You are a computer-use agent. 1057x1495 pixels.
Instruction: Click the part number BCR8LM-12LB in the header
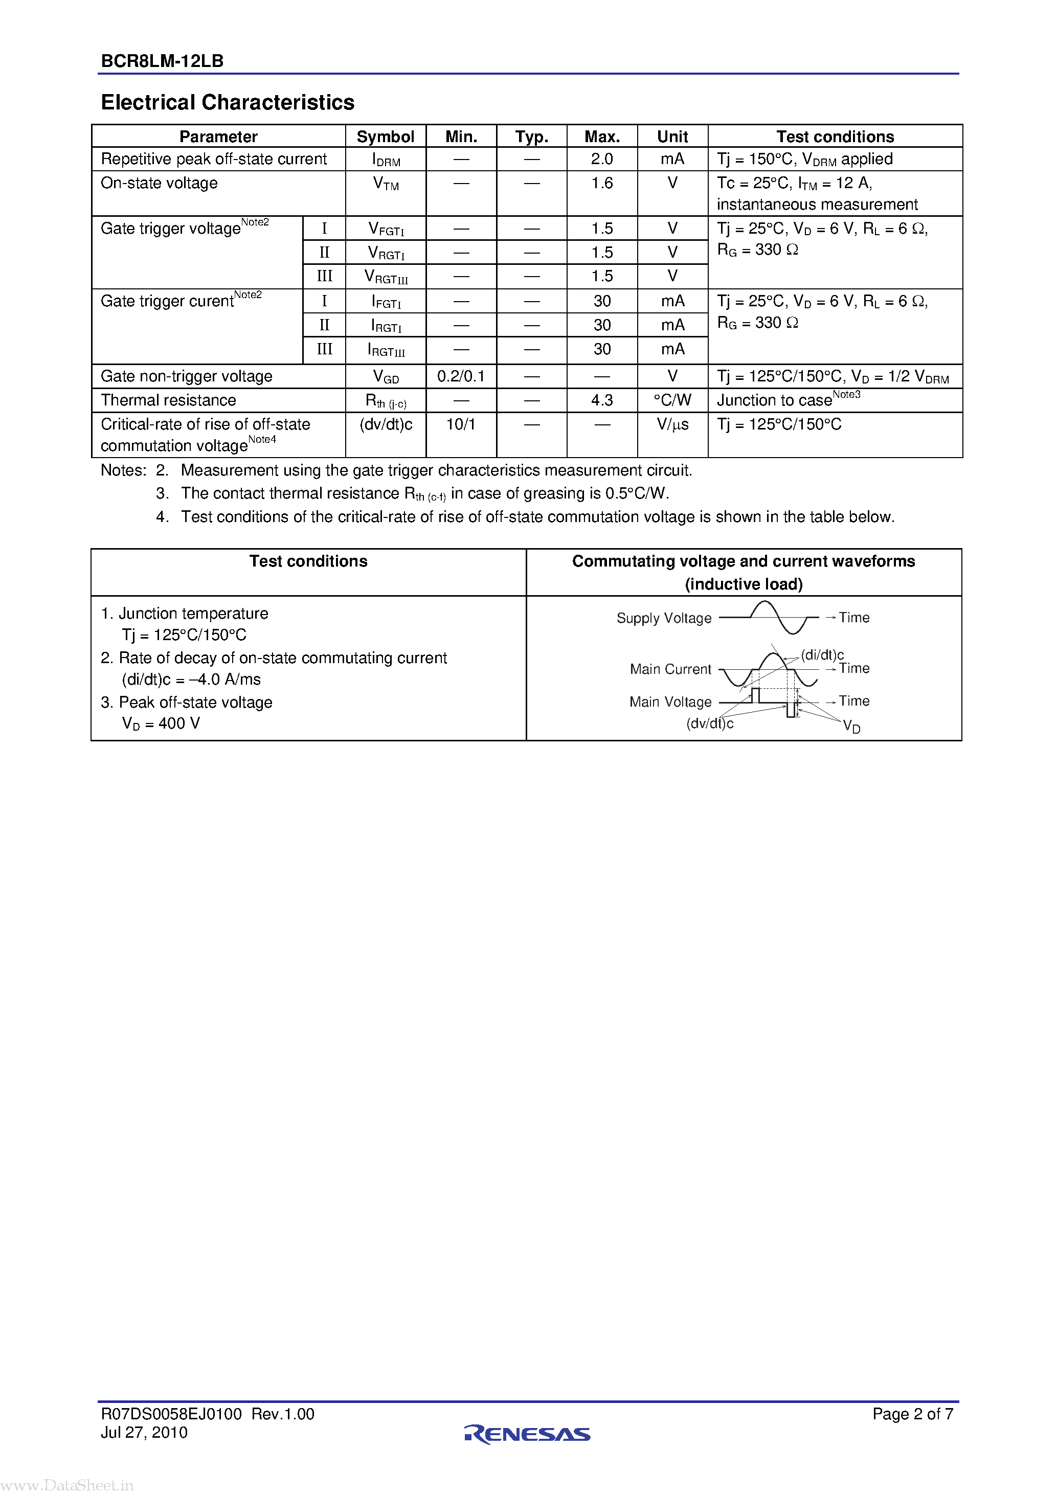pos(162,61)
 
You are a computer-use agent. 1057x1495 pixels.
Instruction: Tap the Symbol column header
pos(385,137)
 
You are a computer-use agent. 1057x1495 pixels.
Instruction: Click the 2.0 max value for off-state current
pos(602,159)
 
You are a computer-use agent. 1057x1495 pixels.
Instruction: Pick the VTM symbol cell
pos(386,184)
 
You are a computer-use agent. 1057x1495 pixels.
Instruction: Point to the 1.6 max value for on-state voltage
pos(602,183)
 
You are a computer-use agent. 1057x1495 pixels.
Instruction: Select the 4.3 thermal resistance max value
pos(602,400)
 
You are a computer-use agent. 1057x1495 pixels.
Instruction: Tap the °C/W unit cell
pos(672,400)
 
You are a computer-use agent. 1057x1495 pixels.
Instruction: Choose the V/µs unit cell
pos(672,424)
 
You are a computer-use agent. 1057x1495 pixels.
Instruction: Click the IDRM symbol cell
pos(386,160)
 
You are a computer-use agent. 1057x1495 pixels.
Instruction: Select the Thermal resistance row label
pos(168,400)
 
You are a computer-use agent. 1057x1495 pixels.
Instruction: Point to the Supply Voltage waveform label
pos(664,618)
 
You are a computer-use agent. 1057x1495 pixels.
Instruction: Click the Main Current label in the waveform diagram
pos(670,669)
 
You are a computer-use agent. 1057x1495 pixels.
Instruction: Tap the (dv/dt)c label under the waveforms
pos(709,723)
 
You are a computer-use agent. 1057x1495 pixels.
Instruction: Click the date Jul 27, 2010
pos(144,1433)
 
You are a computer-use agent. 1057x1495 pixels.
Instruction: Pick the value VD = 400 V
pos(161,724)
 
